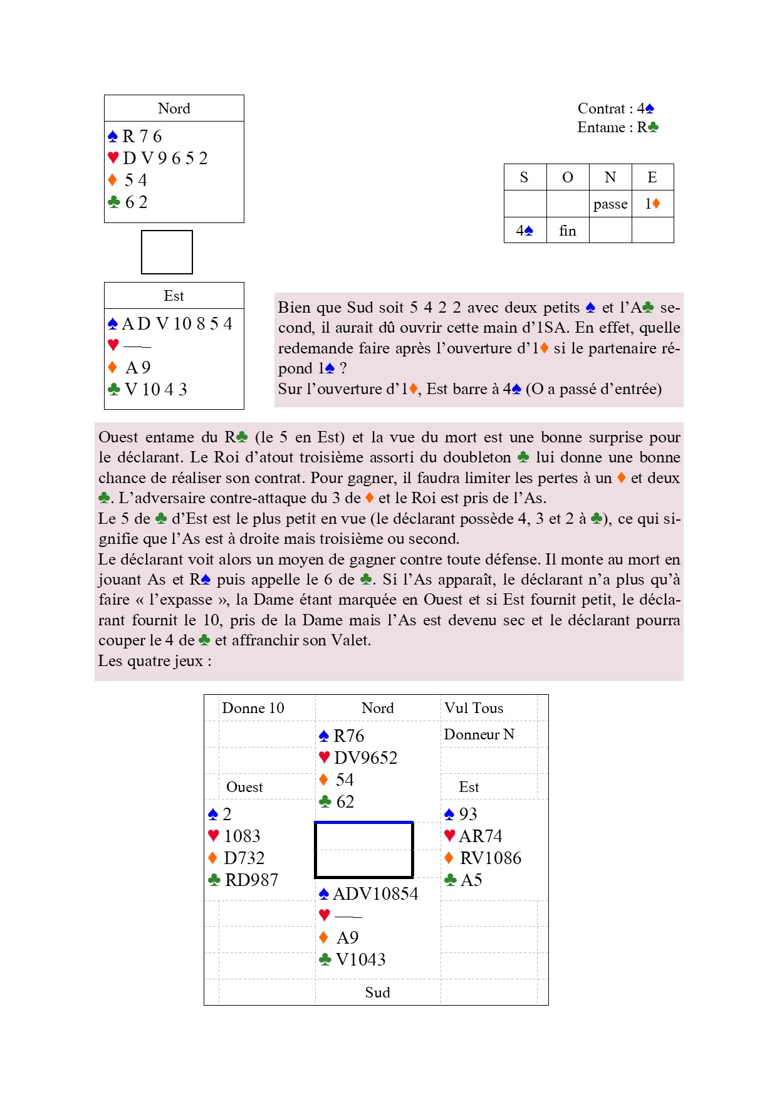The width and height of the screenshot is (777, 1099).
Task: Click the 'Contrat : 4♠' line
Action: coord(615,108)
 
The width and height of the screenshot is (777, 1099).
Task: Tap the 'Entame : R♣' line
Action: coord(617,127)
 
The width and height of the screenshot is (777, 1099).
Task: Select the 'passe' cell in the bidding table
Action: coord(610,204)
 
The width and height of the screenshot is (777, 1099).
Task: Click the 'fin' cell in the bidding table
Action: coord(568,231)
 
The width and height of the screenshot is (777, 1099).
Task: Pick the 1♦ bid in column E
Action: coord(652,204)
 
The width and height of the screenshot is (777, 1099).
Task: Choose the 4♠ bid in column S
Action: coord(524,231)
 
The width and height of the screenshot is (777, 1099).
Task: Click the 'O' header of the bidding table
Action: coord(568,177)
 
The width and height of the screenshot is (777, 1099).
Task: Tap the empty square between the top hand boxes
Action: coord(167,252)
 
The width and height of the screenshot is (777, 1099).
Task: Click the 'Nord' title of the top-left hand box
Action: coord(174,108)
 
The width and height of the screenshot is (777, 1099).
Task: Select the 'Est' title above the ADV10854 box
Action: coord(174,296)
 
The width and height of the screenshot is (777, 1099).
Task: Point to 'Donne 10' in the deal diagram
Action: coord(253,708)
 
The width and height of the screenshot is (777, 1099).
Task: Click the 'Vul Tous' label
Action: coord(474,708)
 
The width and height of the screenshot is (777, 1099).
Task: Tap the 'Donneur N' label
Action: coord(479,734)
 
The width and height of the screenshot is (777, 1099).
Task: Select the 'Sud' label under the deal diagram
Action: coord(377,992)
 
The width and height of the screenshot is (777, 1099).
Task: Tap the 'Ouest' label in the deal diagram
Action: coord(244,787)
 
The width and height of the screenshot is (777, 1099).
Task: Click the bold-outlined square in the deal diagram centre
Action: coord(363,850)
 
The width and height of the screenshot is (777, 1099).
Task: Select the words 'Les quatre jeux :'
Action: coord(155,661)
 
